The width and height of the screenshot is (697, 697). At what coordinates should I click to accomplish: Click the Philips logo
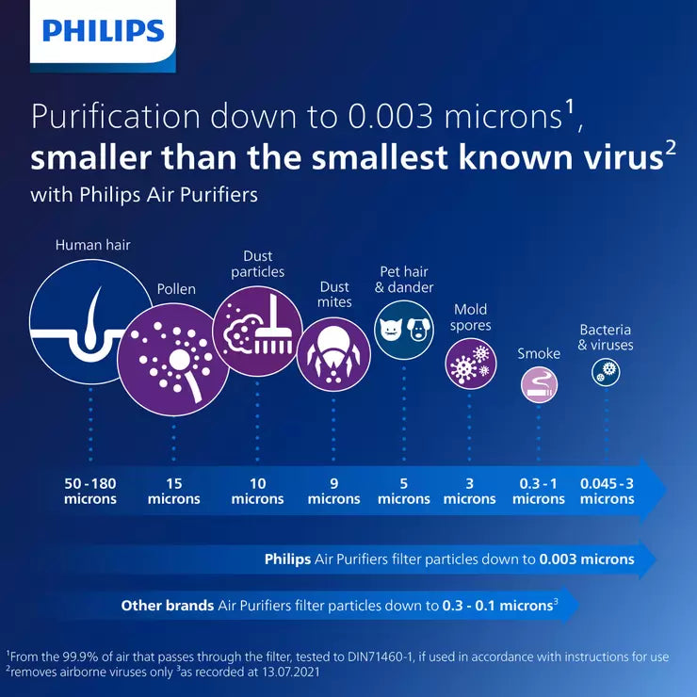tap(103, 31)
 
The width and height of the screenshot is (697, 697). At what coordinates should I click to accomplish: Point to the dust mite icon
tap(333, 354)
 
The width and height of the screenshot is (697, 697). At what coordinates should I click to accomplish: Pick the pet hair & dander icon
tap(404, 329)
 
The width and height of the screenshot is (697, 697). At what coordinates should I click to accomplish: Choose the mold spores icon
tap(470, 364)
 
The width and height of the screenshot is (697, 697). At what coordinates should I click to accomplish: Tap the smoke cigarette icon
tap(540, 383)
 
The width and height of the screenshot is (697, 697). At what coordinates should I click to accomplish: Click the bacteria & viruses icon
tap(606, 373)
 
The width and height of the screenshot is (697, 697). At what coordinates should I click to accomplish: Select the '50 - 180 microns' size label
tap(90, 491)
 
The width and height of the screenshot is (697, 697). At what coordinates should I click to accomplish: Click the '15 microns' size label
tap(174, 491)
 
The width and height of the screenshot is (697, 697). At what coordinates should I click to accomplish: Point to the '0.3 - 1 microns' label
tap(539, 491)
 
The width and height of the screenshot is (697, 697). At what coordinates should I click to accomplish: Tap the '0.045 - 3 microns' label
tap(607, 491)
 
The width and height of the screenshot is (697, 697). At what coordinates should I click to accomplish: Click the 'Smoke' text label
tap(539, 354)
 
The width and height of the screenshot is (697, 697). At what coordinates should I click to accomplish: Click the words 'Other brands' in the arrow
tap(168, 606)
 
